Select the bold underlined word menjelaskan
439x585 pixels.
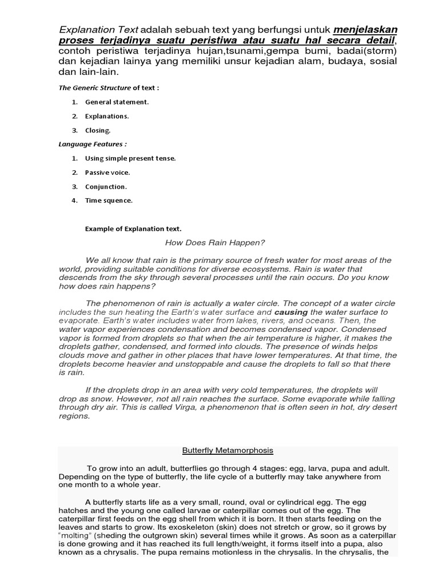(366, 29)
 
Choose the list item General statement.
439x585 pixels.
(117, 102)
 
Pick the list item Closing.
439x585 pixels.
(98, 130)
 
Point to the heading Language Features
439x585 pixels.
(93, 144)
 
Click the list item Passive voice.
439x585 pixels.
(107, 172)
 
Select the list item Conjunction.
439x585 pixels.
(106, 186)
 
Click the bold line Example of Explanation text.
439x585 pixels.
(133, 229)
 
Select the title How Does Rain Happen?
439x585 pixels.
(214, 243)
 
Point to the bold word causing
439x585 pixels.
(291, 312)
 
